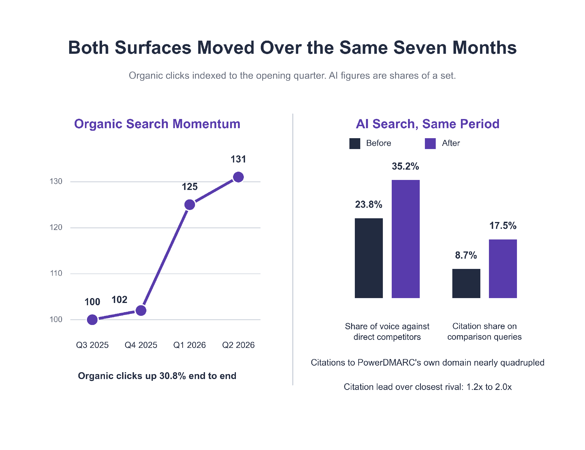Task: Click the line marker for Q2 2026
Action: [x=238, y=177]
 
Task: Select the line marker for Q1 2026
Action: [x=190, y=205]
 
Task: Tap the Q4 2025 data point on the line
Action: [x=141, y=310]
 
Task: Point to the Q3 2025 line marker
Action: [x=92, y=320]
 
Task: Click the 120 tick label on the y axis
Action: [x=56, y=227]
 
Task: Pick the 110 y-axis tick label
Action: [x=56, y=273]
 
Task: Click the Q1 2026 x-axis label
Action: [x=190, y=345]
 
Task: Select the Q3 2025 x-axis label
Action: [x=92, y=345]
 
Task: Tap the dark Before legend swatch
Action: [x=355, y=144]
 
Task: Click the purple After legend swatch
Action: [x=430, y=144]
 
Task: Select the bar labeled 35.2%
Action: [x=406, y=239]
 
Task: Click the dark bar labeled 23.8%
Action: [x=369, y=258]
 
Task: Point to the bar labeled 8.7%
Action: [x=466, y=284]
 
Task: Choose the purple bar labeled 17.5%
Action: [x=503, y=269]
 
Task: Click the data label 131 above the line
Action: [x=238, y=159]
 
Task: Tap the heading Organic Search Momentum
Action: [x=157, y=124]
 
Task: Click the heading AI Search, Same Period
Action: [x=428, y=124]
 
